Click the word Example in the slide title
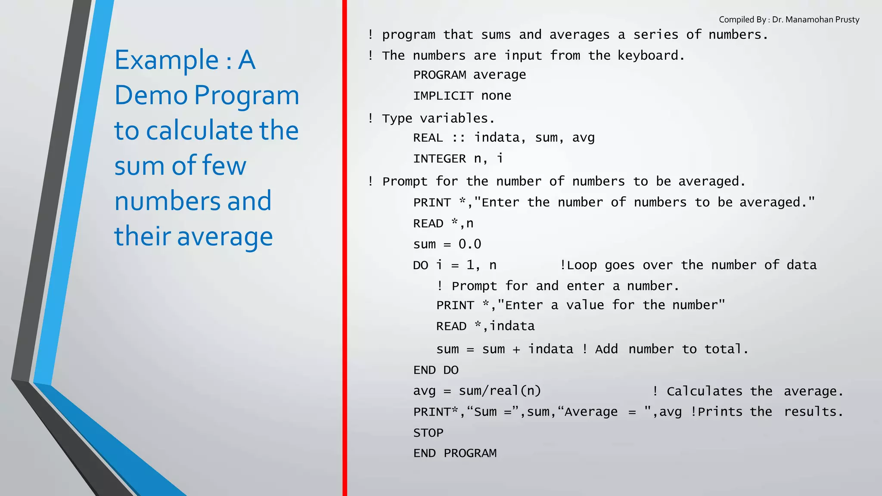pyautogui.click(x=167, y=60)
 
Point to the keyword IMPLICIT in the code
pyautogui.click(x=443, y=96)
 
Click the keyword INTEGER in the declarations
pyautogui.click(x=439, y=159)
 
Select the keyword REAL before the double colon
pyautogui.click(x=428, y=138)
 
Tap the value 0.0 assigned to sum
pyautogui.click(x=470, y=244)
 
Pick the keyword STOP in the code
pyautogui.click(x=428, y=433)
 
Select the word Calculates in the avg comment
pyautogui.click(x=704, y=391)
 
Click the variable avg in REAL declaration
pyautogui.click(x=583, y=138)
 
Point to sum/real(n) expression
pyautogui.click(x=500, y=391)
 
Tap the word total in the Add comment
pyautogui.click(x=724, y=349)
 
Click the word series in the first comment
pyautogui.click(x=655, y=34)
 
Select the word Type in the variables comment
pyautogui.click(x=397, y=118)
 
